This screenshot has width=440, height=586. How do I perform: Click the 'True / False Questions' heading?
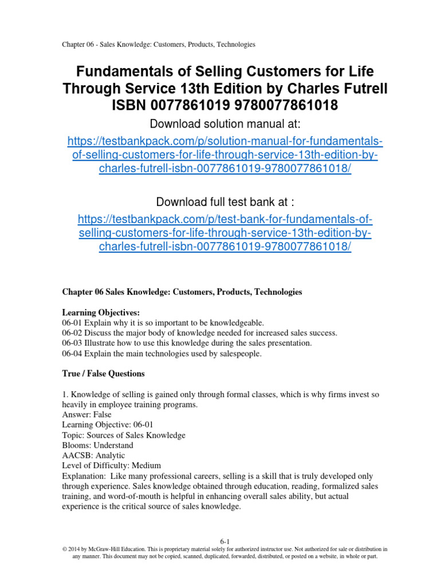click(x=103, y=374)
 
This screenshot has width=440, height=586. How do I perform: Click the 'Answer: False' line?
click(x=87, y=414)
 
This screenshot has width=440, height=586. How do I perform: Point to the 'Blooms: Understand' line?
click(x=97, y=445)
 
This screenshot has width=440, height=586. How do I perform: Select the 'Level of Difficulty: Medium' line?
click(x=111, y=465)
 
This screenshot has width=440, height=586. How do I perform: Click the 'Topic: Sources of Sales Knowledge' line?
click(x=124, y=435)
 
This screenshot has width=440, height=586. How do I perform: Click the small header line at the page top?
click(x=158, y=44)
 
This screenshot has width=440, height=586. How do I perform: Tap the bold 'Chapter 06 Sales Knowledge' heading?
click(x=182, y=292)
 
